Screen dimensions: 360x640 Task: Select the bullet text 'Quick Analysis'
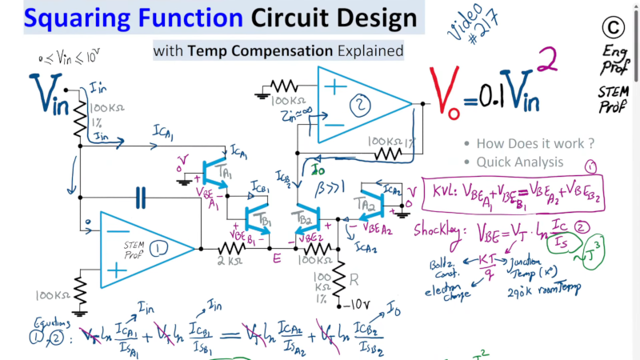pos(519,162)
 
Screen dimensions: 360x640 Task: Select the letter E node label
pos(277,259)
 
